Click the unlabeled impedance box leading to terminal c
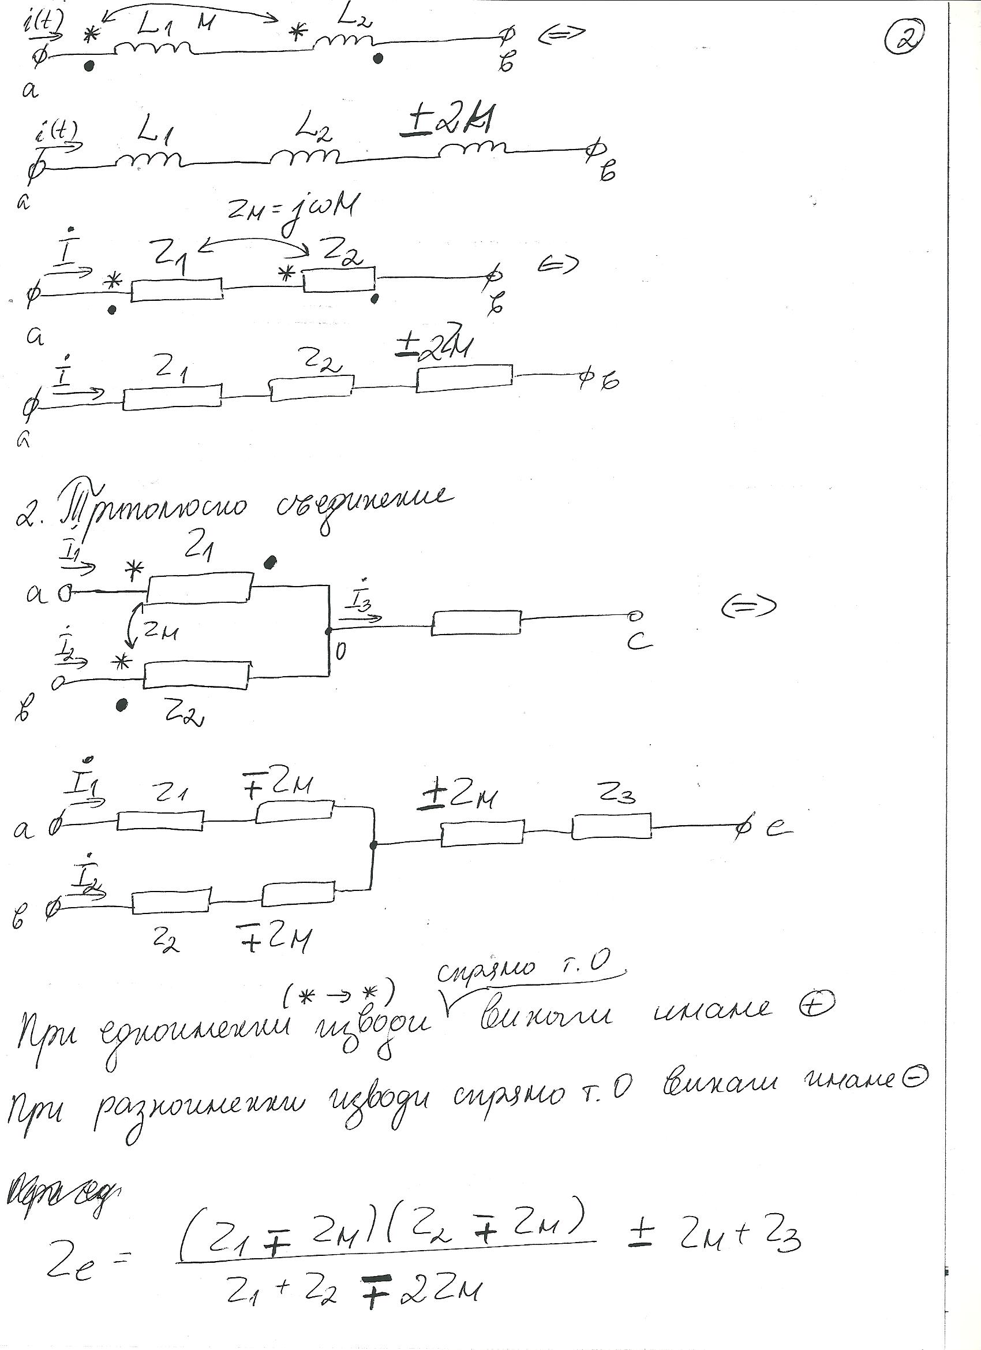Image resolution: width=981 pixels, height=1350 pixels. point(477,622)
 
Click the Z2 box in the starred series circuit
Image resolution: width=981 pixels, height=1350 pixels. point(339,280)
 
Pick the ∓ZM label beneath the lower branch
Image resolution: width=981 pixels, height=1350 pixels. point(274,938)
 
